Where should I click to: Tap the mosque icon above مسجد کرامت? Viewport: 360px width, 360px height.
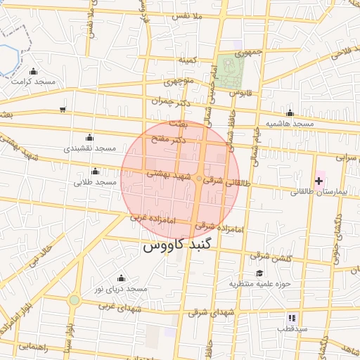(x=33, y=71)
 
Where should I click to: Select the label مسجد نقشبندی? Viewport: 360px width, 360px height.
(x=89, y=148)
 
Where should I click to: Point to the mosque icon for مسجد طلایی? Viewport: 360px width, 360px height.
(x=96, y=172)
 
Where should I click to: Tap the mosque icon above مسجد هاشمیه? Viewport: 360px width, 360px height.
(x=290, y=113)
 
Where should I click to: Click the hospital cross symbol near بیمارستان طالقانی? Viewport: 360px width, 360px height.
(x=319, y=181)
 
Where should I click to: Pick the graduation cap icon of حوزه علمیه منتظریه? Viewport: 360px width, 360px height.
(x=259, y=274)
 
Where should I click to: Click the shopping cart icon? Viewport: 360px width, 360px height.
(x=63, y=109)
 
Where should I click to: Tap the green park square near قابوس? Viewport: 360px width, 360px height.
(x=230, y=72)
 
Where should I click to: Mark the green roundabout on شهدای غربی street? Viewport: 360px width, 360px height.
(x=74, y=300)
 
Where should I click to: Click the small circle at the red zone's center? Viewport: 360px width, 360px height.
(x=199, y=178)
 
